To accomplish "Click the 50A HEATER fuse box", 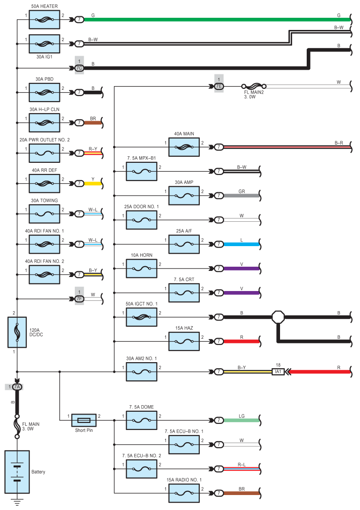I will coord(44,20).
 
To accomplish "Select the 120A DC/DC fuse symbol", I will coord(17,332).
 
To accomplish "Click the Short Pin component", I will coord(84,420).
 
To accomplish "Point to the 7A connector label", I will coord(17,387).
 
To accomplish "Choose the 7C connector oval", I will coord(79,68).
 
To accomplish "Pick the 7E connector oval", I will coord(219,86).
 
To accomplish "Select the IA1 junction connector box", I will coord(278,372).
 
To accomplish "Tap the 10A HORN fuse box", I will coord(141,269).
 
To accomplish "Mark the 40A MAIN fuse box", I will coord(184,147).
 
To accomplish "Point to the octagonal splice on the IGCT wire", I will coord(278,317).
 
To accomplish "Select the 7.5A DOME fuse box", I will coord(141,420).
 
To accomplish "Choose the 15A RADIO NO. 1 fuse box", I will coord(184,493).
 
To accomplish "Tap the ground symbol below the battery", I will coord(17,503).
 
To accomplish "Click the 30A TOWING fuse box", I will coord(44,214).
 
